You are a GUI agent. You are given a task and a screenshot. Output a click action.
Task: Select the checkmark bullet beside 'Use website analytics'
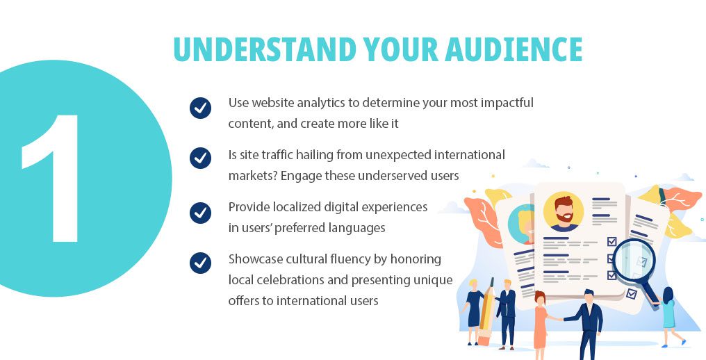[200, 108]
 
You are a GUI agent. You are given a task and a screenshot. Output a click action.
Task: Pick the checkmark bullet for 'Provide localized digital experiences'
[200, 211]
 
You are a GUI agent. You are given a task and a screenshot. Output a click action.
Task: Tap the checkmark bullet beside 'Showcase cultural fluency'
[200, 263]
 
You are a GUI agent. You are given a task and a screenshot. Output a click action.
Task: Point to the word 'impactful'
[508, 103]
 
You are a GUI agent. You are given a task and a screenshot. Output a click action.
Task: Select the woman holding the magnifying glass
[668, 315]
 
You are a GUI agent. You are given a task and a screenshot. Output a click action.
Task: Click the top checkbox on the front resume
[611, 242]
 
